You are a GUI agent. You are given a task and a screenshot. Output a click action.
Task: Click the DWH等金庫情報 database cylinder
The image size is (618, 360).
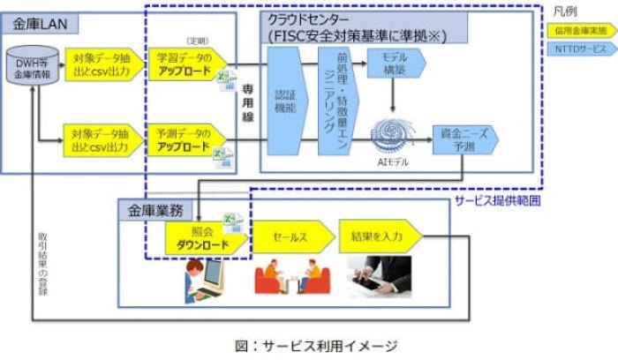(x=33, y=69)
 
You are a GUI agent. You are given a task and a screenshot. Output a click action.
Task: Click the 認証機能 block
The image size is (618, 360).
(x=285, y=101)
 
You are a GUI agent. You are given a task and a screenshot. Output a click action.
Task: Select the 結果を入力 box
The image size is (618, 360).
(x=378, y=236)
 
